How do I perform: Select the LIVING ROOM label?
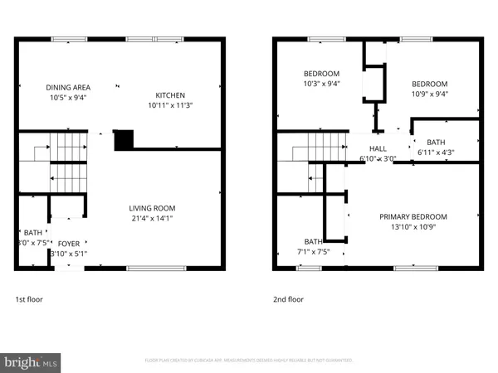[x=152, y=208]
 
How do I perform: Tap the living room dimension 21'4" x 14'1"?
[x=152, y=219]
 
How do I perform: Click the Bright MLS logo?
[x=32, y=361]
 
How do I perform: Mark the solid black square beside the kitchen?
[x=123, y=140]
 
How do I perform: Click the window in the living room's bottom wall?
[x=145, y=269]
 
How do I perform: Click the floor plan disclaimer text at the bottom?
[x=249, y=361]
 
